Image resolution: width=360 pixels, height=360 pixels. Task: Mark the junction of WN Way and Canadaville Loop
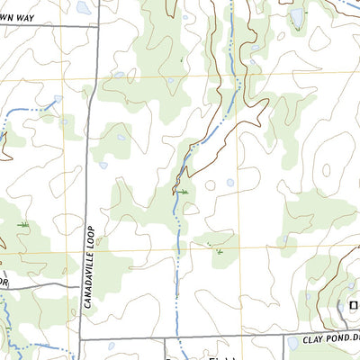97,26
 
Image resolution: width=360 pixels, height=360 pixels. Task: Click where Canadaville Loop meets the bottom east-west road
81,339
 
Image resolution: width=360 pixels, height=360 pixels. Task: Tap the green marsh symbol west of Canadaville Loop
23,224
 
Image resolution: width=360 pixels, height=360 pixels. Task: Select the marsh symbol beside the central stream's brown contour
183,192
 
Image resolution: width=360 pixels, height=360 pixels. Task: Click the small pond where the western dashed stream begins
58,100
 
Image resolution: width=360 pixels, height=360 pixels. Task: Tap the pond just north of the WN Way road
83,8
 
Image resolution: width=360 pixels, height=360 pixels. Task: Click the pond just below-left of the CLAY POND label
292,343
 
